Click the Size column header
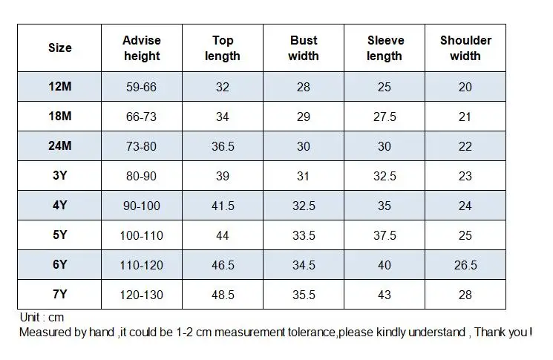(x=60, y=48)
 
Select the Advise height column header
(x=142, y=48)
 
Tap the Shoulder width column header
(x=465, y=48)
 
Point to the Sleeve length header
(x=385, y=48)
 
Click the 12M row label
(x=60, y=86)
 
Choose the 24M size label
(x=60, y=145)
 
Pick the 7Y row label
(x=60, y=294)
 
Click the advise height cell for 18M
(x=142, y=117)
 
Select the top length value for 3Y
(x=223, y=176)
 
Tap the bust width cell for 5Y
(x=304, y=235)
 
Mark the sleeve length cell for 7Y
(x=385, y=295)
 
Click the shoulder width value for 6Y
(x=465, y=265)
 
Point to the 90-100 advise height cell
(x=142, y=206)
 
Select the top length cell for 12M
(x=223, y=87)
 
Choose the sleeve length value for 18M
(x=385, y=117)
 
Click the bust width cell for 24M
(x=304, y=146)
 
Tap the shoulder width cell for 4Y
(x=465, y=206)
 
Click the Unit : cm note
(x=42, y=318)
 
